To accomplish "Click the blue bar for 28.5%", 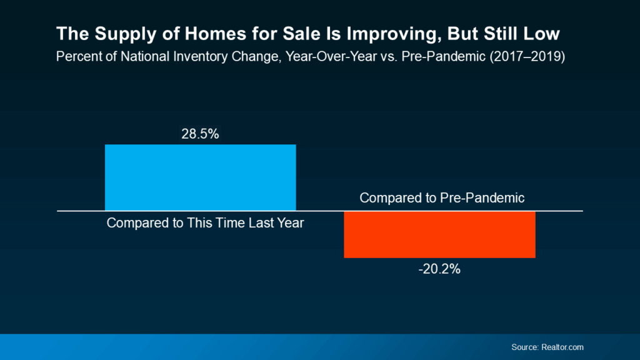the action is [x=201, y=177].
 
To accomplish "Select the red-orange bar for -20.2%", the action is [x=439, y=235].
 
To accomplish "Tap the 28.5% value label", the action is [x=200, y=134].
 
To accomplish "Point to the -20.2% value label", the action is [x=439, y=269].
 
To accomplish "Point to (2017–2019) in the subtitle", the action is [x=527, y=56].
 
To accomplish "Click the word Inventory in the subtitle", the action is [x=200, y=56].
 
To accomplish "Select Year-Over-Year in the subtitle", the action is [x=331, y=56].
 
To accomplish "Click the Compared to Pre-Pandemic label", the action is [x=442, y=198].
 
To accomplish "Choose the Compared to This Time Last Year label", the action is [x=205, y=223].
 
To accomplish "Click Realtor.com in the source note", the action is [x=562, y=347].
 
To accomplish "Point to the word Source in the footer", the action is [x=525, y=347].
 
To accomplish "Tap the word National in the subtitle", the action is [x=145, y=56].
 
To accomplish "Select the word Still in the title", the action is [x=501, y=34].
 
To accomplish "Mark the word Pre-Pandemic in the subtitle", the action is [x=444, y=56].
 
